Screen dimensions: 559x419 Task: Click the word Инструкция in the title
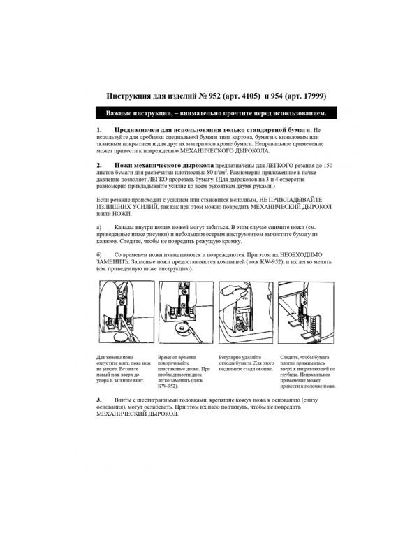(x=131, y=96)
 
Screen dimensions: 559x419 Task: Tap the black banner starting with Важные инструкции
(x=210, y=112)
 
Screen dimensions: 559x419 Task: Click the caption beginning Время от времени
(x=184, y=370)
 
